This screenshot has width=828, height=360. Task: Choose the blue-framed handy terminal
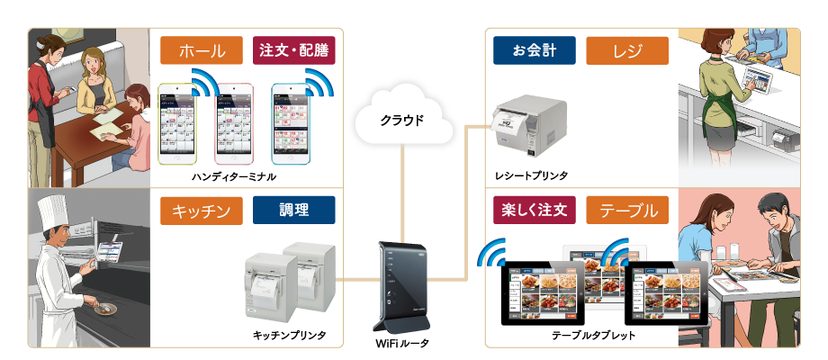click(294, 124)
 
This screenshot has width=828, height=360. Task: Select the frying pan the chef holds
click(104, 307)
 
